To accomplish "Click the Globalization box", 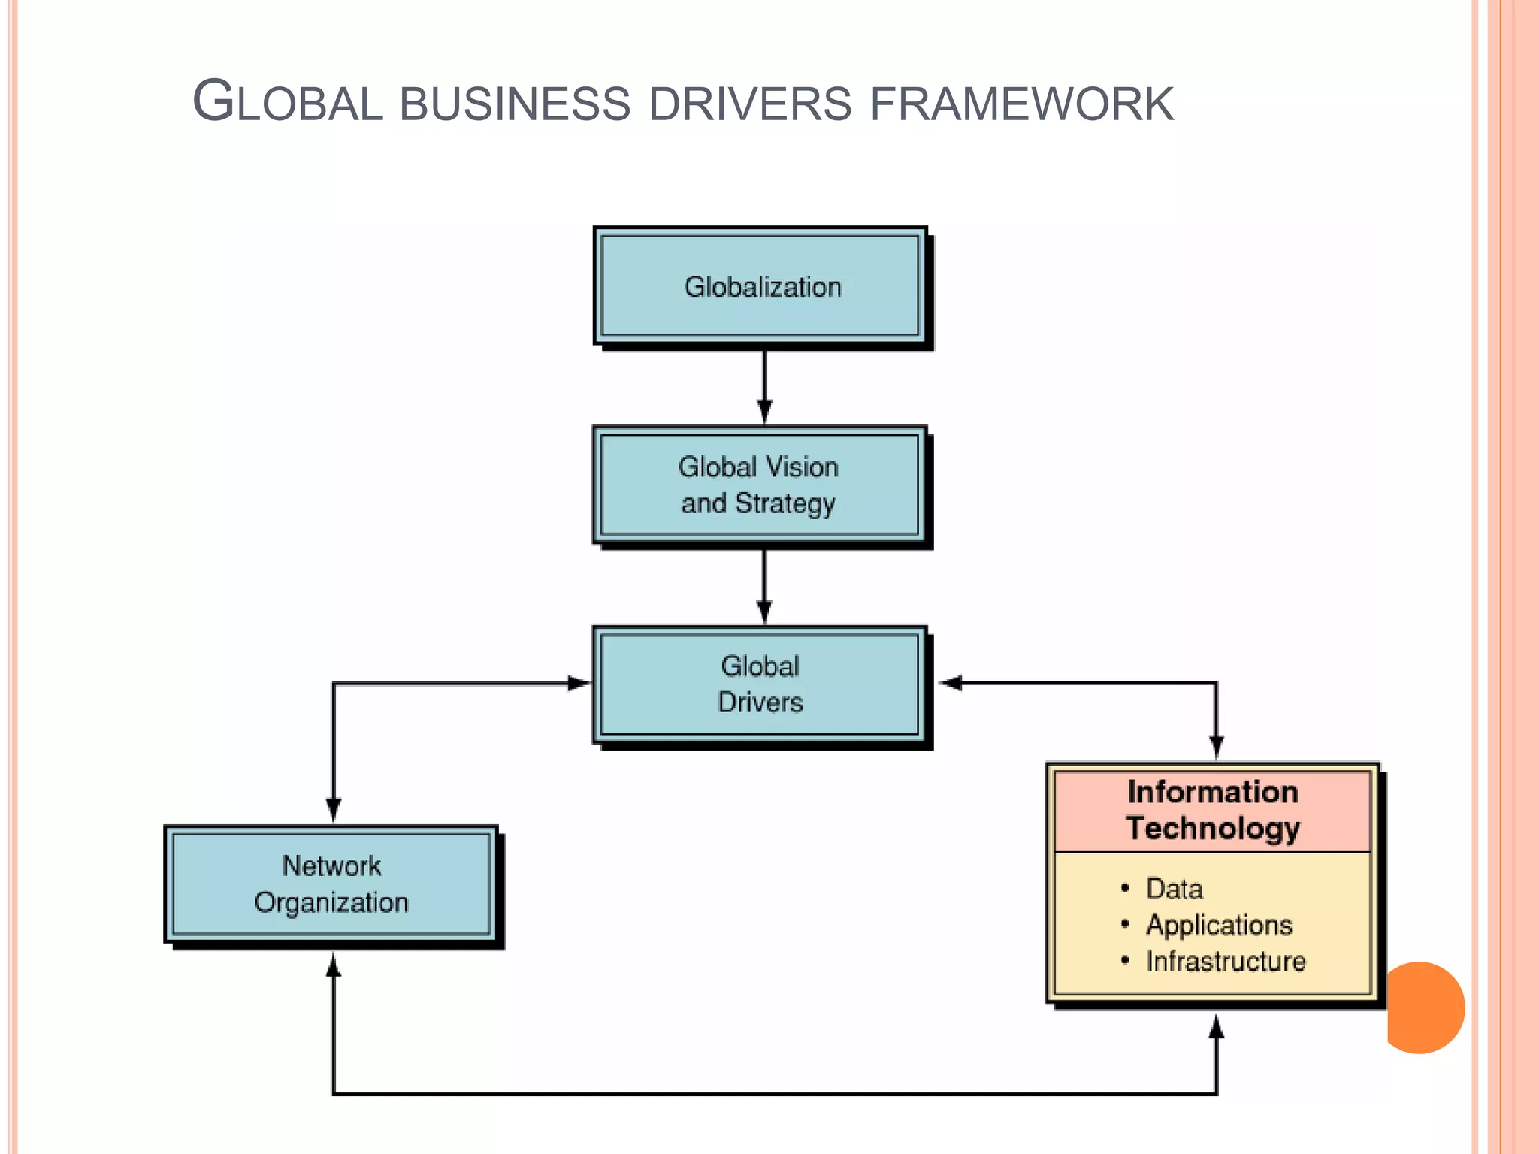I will [760, 286].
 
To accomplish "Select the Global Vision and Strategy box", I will [759, 485].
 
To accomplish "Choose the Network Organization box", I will [331, 884].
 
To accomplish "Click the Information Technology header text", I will [1213, 810].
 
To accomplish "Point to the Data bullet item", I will [1174, 889].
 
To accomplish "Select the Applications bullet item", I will [1219, 925].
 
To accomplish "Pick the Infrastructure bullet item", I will [1226, 961].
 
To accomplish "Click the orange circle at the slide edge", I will [1423, 1007].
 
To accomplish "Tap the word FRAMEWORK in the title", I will [1021, 104].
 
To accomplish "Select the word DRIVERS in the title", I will [750, 104].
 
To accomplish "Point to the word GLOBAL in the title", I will [288, 102].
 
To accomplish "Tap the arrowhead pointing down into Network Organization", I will [334, 810].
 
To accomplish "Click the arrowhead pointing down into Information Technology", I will [1217, 747].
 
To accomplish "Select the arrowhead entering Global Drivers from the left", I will [579, 683].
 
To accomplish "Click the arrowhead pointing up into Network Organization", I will [334, 966].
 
